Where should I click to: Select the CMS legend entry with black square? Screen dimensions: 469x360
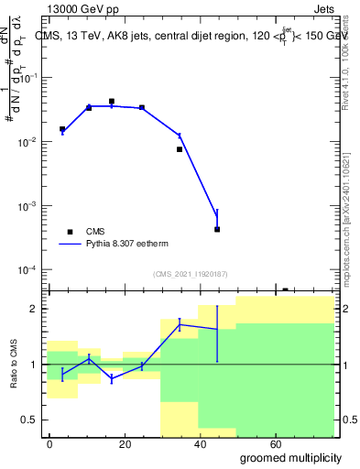point(95,232)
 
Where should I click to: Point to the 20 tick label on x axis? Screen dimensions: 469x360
point(121,443)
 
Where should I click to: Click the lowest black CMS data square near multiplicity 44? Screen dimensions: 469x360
point(217,229)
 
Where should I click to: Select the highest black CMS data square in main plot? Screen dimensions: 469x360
point(112,102)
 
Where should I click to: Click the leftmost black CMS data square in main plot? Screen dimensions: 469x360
point(62,129)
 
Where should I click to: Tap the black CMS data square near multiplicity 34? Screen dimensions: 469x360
point(180,148)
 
